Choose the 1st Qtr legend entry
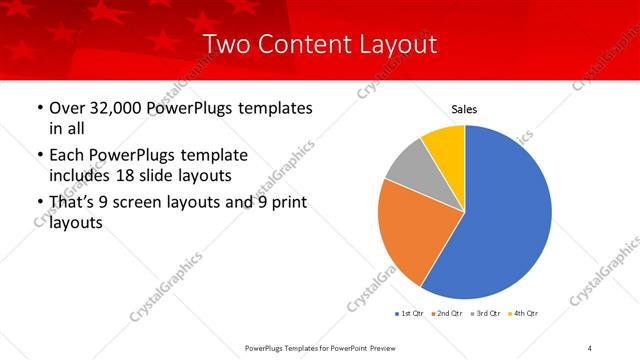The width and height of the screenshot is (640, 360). point(409,314)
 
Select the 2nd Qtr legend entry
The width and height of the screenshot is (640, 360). point(445,314)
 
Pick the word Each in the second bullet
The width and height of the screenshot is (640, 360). point(67,155)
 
